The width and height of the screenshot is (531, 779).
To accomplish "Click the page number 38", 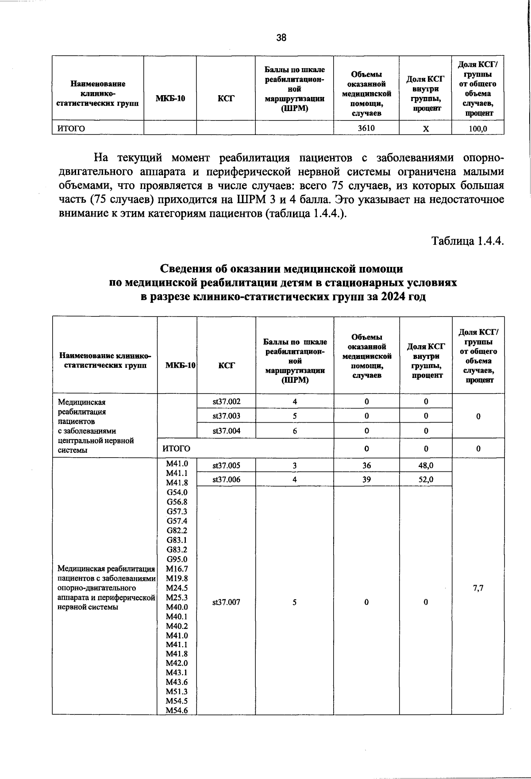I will tap(281, 38).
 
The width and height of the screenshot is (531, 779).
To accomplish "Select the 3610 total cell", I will tap(366, 128).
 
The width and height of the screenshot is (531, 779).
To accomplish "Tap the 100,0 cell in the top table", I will tap(477, 129).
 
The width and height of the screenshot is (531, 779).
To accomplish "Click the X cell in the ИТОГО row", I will tap(425, 129).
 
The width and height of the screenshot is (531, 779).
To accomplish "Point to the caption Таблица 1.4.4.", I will tap(468, 241).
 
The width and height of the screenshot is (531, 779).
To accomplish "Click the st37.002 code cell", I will tap(226, 401).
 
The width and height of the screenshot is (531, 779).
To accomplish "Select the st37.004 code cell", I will tap(226, 431).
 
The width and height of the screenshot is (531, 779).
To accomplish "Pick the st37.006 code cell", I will tap(226, 479).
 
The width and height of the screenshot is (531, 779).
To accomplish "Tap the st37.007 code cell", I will tap(226, 602).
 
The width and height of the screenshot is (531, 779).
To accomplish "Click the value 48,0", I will tap(426, 465).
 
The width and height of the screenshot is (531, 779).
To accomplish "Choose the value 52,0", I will tap(426, 479).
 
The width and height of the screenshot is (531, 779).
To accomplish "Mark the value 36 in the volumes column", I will tap(366, 465).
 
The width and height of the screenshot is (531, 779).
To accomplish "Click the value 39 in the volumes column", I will tap(366, 479).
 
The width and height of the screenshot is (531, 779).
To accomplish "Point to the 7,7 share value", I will tap(478, 588).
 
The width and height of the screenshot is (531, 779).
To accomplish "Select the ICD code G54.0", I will tap(177, 492).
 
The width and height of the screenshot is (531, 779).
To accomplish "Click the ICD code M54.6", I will tap(177, 710).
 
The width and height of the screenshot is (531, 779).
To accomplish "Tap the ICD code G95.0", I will tap(177, 559).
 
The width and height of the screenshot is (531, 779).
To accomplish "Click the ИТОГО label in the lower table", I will tap(176, 448).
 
